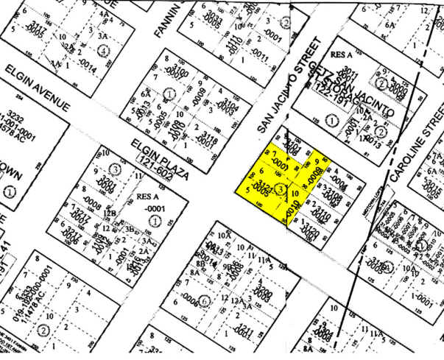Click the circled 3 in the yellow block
tap(282, 189)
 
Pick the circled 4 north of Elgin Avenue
tap(103, 51)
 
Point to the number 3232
tap(15, 117)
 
